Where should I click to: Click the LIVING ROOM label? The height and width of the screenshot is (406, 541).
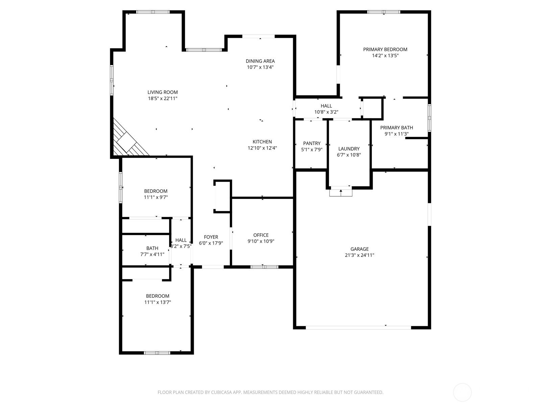[x=162, y=92]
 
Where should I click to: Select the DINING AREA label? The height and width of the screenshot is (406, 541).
[x=260, y=61]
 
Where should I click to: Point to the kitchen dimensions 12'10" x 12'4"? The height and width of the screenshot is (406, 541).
[x=262, y=148]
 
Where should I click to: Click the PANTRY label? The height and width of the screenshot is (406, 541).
[x=312, y=143]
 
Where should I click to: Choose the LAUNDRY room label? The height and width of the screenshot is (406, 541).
[x=349, y=149]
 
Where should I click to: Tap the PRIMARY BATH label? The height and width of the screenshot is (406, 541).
[x=397, y=128]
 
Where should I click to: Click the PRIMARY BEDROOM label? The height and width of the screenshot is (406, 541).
[x=385, y=49]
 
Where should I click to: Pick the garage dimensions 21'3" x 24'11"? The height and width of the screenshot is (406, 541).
[x=360, y=255]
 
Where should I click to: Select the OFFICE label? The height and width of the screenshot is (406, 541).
[x=261, y=235]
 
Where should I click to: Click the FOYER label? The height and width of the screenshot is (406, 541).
[x=211, y=237]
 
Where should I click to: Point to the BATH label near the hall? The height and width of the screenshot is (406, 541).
[x=152, y=248]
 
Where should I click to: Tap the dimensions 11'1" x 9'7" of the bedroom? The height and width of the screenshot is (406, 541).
[x=156, y=197]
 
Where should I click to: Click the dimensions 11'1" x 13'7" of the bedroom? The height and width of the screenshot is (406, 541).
[x=158, y=302]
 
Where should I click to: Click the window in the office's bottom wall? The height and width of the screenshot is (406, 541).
[x=264, y=267]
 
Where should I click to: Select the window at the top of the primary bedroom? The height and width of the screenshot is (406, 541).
[x=384, y=12]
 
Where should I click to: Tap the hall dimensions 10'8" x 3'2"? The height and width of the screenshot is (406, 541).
[x=326, y=112]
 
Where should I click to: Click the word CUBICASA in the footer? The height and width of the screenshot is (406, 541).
[x=221, y=392]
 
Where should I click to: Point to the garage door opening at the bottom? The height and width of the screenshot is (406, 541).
[x=358, y=328]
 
